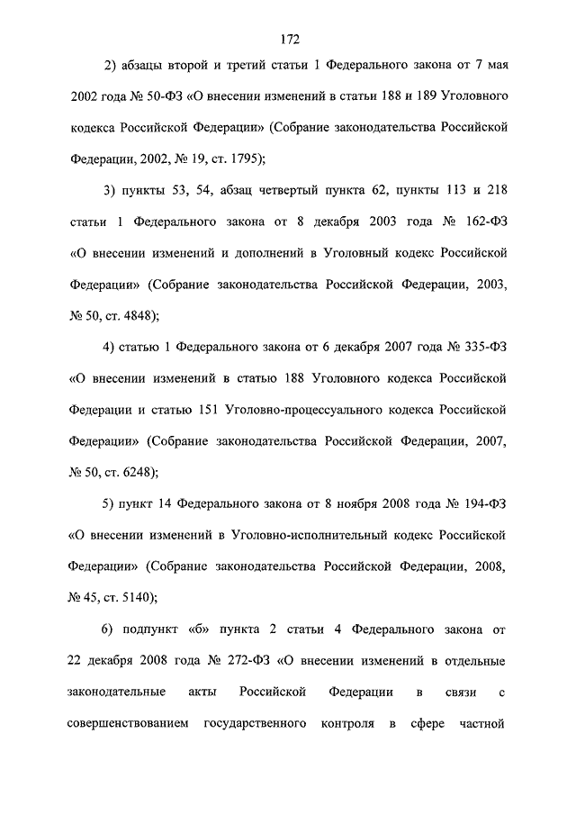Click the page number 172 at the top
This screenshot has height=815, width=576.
tap(288, 39)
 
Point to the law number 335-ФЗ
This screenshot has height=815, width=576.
tap(482, 345)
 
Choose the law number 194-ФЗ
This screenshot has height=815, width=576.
tap(482, 502)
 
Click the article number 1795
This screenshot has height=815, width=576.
tap(237, 158)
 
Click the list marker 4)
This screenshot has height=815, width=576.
tap(111, 345)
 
